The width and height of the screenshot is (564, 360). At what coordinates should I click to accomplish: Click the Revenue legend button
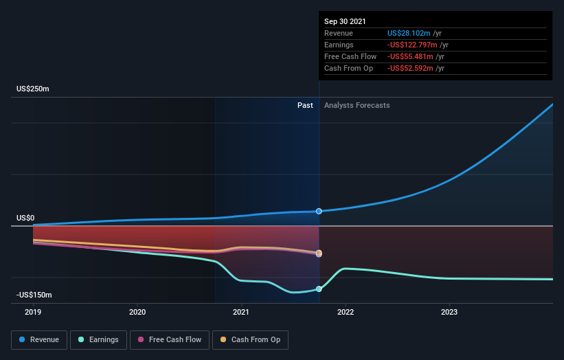pos(39,339)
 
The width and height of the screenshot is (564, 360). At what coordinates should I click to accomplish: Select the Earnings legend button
pos(99,339)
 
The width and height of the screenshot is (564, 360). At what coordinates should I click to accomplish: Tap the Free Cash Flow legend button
pos(170,339)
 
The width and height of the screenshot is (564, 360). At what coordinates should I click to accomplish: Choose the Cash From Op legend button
pos(251,339)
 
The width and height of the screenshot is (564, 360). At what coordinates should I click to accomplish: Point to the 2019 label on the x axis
pos(34,311)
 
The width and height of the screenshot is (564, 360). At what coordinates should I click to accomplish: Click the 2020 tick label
pos(137,311)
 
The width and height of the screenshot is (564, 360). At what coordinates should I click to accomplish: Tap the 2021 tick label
pos(241,311)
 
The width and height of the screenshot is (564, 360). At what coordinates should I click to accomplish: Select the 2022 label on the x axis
pos(345,311)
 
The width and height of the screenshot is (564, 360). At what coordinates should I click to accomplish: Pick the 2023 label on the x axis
pos(449,311)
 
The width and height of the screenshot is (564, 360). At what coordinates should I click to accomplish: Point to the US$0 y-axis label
pos(25,218)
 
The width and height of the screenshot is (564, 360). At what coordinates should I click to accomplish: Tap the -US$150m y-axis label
pos(34,295)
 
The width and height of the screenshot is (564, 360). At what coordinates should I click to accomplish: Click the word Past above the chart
pos(305,105)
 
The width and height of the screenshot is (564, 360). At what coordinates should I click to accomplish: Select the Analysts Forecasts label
pos(357,105)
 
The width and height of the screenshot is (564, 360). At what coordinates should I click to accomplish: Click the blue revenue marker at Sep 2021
pos(319,211)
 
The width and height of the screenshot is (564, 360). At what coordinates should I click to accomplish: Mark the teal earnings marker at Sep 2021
pos(319,289)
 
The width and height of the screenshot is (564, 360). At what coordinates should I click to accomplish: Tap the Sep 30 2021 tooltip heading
pos(345,21)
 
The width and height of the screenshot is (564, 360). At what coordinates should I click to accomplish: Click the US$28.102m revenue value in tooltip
pos(409,33)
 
